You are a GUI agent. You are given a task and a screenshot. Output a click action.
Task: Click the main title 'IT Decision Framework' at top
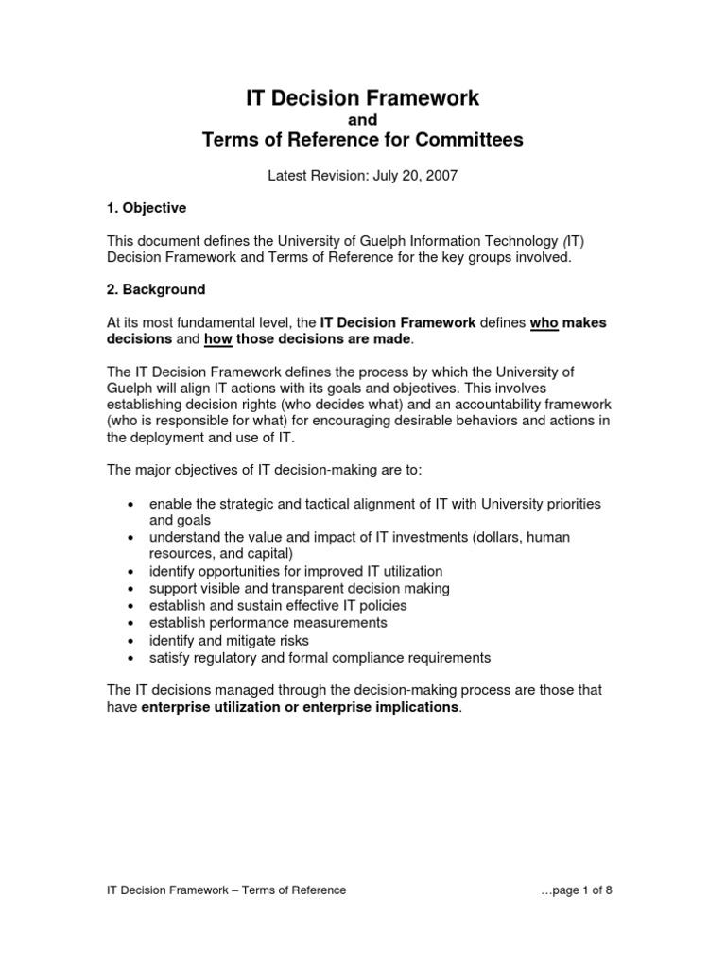[362, 97]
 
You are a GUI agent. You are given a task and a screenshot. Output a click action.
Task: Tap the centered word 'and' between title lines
[363, 120]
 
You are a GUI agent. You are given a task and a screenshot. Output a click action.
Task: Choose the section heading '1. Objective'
[147, 207]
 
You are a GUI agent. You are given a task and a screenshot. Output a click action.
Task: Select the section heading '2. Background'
[156, 288]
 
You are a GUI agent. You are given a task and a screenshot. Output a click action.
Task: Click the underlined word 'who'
[544, 322]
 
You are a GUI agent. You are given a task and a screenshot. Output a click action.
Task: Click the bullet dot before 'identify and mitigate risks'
[130, 641]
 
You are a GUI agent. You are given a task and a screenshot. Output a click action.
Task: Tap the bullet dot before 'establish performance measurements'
[130, 624]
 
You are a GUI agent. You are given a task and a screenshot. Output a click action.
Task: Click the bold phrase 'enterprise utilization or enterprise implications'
[300, 707]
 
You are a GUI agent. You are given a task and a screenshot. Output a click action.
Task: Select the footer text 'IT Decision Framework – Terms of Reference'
[226, 890]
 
